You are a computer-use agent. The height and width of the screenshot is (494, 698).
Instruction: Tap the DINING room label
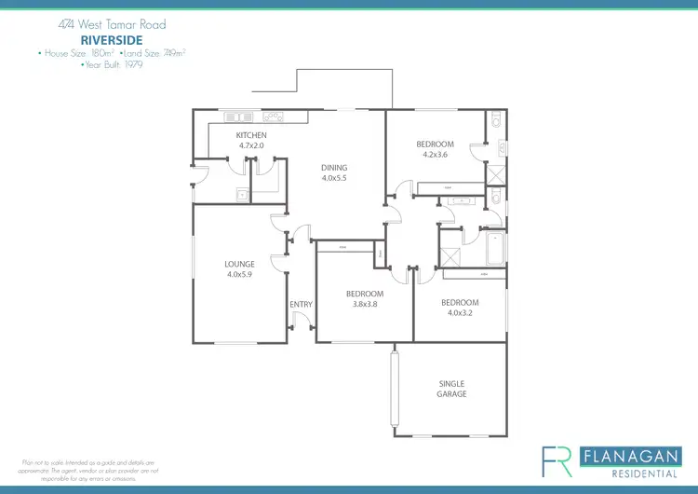point(334,168)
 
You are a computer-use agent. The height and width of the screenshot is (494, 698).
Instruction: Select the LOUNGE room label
point(239,264)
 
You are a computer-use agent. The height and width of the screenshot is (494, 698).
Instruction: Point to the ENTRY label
point(301,305)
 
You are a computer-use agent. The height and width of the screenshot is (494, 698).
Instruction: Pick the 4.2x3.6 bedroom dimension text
point(435,155)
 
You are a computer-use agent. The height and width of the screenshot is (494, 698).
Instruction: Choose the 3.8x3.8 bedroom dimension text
point(365,305)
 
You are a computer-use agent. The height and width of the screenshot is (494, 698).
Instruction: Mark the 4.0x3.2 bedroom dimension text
point(460,313)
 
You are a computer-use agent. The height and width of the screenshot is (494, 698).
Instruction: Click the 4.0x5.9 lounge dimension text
point(239,274)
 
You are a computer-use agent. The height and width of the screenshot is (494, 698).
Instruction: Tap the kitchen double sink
point(238,117)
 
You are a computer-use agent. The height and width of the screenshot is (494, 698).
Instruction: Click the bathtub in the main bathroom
point(494,249)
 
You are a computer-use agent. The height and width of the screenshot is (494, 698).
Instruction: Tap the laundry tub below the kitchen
point(241,195)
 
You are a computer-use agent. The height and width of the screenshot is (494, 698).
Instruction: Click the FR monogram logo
point(557,461)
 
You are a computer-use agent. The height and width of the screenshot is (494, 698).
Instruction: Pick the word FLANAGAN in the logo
point(627,456)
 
